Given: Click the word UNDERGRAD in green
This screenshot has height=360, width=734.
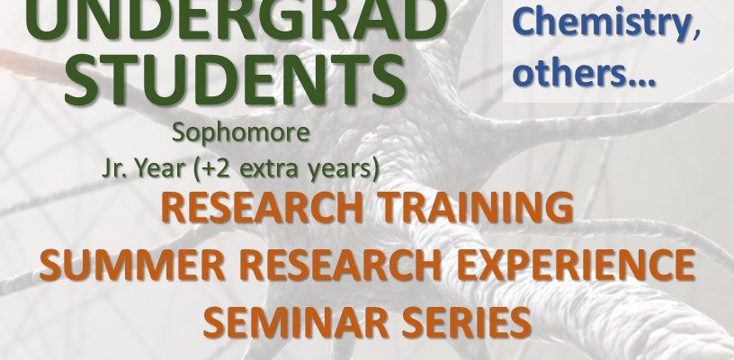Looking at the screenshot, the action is [x=236, y=19].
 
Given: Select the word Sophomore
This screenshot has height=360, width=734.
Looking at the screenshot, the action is [x=240, y=134].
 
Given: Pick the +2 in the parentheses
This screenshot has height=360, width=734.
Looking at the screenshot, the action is [x=211, y=169].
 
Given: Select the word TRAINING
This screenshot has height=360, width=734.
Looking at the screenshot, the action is [x=476, y=207].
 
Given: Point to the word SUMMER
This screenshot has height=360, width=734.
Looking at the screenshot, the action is [x=132, y=265].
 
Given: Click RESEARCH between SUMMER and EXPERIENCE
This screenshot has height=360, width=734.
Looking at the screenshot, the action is [x=341, y=265].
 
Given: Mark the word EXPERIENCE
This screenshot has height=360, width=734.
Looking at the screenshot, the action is [x=576, y=265].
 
